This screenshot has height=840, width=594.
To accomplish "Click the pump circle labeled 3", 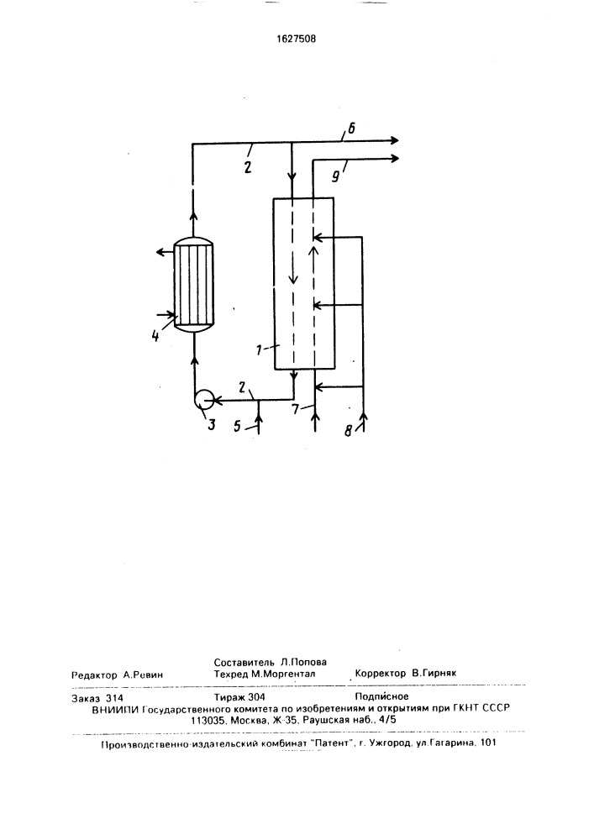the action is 203,399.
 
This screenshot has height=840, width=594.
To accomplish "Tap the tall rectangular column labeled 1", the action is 303,283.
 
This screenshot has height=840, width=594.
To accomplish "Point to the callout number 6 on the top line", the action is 351,129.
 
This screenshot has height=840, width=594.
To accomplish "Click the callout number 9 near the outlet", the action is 335,176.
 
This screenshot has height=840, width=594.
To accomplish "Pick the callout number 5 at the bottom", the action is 238,428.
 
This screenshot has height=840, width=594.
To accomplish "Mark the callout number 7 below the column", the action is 296,410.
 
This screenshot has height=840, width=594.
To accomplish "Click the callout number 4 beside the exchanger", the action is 155,337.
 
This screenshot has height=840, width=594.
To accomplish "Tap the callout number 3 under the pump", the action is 212,425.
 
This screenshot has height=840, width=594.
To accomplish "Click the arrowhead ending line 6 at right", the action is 395,140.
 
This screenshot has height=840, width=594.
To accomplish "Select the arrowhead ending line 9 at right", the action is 395,159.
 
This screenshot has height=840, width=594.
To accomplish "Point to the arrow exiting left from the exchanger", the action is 165,249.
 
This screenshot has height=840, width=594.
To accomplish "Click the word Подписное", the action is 382,696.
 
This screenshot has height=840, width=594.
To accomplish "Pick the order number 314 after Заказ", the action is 114,698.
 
